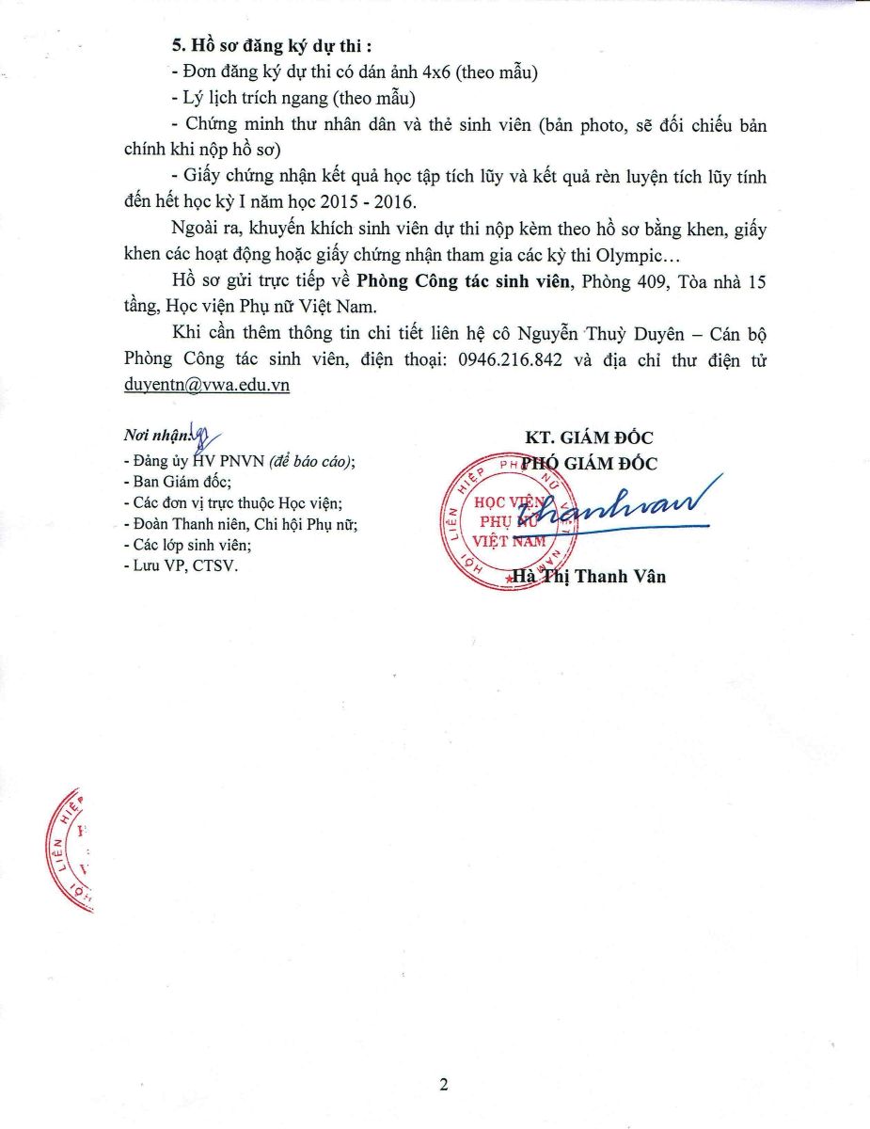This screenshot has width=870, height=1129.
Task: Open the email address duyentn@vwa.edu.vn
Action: (x=207, y=386)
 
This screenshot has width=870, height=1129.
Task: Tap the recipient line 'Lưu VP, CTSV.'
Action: (x=175, y=567)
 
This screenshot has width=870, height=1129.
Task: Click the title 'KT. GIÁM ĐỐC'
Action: (x=590, y=437)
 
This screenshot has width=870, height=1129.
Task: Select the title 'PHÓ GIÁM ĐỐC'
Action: (x=590, y=463)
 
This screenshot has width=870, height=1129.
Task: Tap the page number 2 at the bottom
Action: (x=443, y=1084)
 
